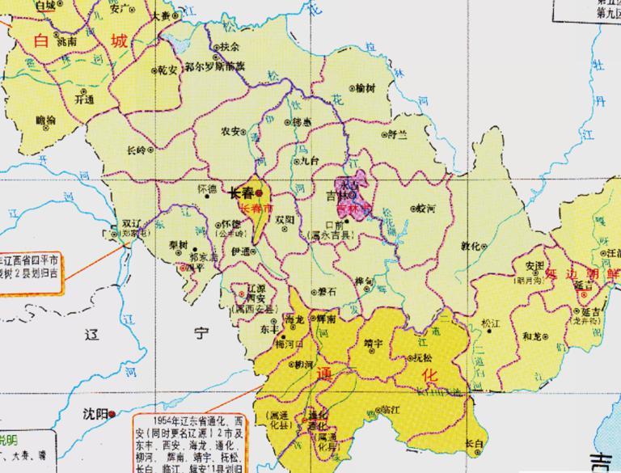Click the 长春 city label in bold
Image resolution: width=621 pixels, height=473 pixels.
pos(241,193)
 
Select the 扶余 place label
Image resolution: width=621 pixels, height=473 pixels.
pos(230,47)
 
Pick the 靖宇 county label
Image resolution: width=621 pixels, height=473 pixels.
pos(374,341)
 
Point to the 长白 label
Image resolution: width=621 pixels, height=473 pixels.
pos(475,443)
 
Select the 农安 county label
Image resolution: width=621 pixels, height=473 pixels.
pos(231,130)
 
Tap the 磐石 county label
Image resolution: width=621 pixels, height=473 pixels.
pos(328,290)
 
